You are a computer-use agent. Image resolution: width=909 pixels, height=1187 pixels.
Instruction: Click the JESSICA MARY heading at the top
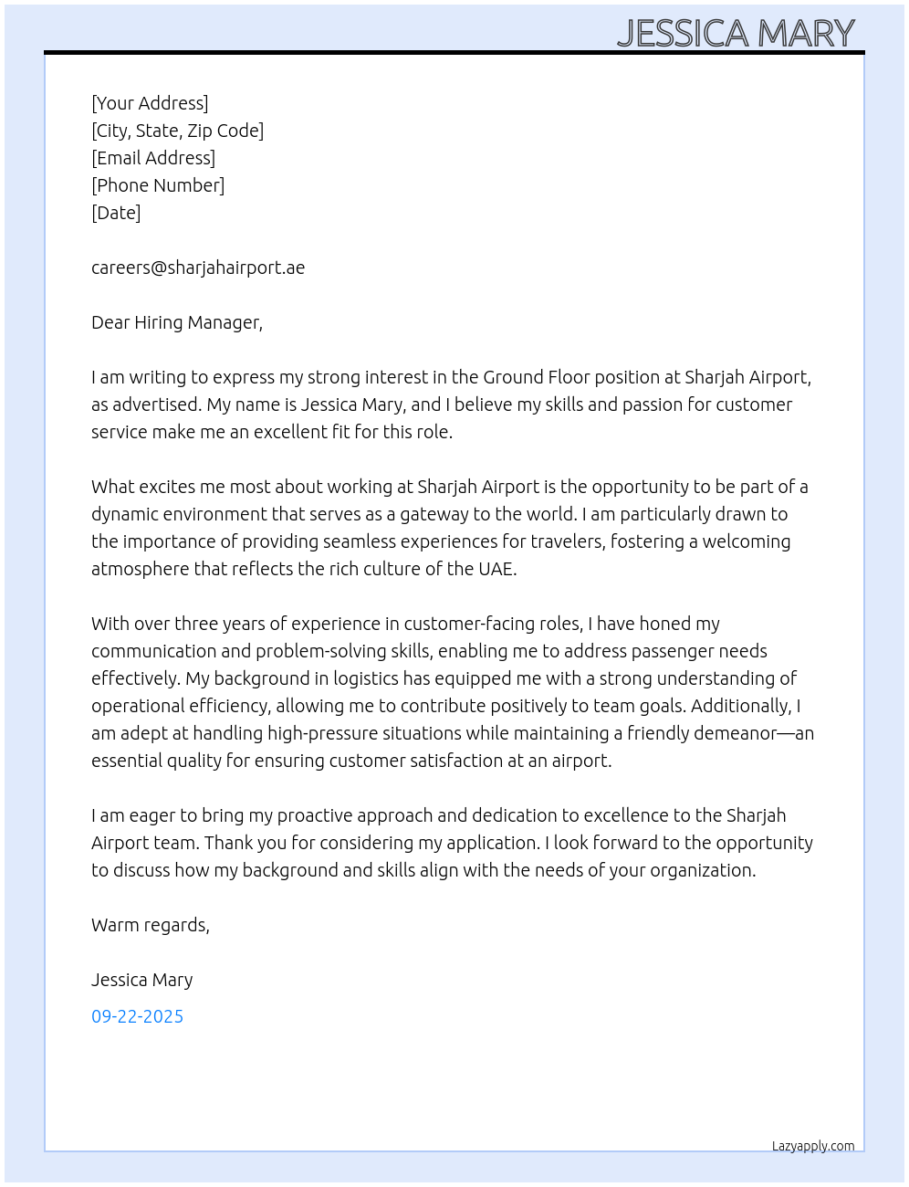[736, 33]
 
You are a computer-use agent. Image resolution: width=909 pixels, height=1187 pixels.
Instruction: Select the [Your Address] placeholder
[150, 103]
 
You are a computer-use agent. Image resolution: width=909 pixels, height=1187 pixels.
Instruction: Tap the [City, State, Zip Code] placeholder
[177, 131]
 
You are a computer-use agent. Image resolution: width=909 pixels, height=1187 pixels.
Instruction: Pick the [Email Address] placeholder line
[153, 158]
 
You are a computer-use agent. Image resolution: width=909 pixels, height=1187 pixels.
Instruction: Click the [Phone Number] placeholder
[158, 185]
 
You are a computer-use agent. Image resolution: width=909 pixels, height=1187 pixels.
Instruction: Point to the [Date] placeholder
[116, 213]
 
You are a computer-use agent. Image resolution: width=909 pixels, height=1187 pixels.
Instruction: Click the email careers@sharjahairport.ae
[198, 268]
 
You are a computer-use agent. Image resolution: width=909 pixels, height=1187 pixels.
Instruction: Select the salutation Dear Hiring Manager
[177, 322]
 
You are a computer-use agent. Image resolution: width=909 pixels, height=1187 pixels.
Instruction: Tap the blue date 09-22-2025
[137, 1016]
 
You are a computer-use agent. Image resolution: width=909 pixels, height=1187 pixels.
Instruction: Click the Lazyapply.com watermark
[813, 1146]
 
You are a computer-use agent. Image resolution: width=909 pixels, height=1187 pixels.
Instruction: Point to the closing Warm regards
[151, 925]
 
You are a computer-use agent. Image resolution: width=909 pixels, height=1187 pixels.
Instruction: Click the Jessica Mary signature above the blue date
[141, 980]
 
